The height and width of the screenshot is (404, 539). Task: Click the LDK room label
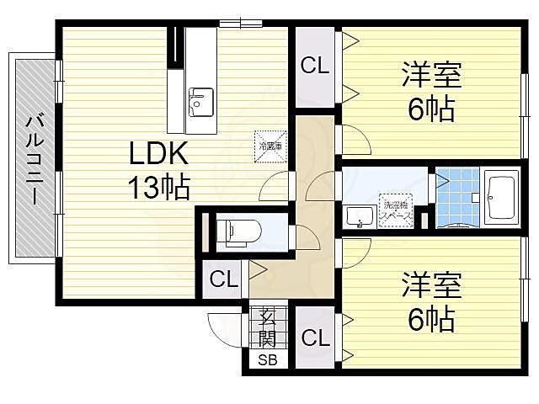click(x=157, y=155)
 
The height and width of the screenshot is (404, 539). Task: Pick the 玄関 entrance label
click(x=267, y=329)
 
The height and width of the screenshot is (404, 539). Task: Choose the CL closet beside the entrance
click(x=315, y=338)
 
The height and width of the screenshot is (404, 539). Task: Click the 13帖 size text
click(x=157, y=187)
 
